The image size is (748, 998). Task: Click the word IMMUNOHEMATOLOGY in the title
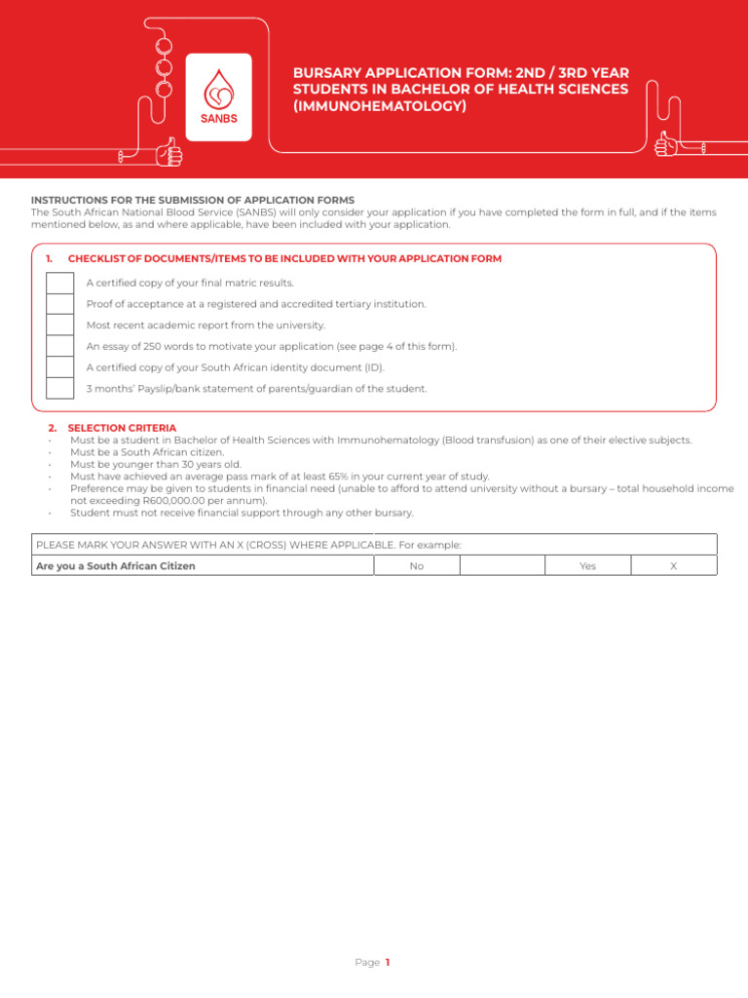(380, 106)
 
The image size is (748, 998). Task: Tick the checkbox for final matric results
(59, 283)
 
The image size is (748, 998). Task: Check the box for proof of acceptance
(59, 304)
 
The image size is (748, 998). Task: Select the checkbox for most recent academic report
(59, 325)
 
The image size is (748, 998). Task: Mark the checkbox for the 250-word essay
(59, 346)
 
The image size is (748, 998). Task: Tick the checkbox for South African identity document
(59, 367)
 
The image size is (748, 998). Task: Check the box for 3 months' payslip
(59, 388)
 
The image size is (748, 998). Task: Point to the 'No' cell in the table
(416, 566)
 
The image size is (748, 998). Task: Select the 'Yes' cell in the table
(587, 566)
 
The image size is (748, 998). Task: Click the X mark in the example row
(673, 566)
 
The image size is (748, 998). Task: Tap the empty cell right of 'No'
(501, 566)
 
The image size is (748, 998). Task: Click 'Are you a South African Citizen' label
(115, 566)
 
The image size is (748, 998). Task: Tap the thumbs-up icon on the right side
(667, 144)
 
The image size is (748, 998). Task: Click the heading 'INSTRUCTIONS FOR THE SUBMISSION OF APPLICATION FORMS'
(193, 200)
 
